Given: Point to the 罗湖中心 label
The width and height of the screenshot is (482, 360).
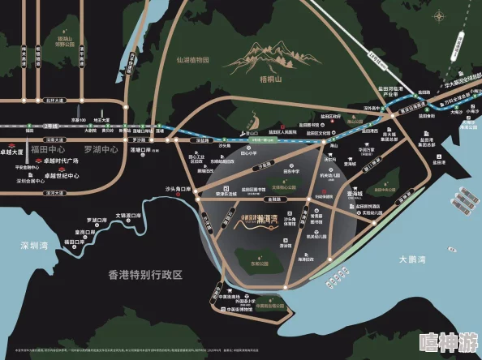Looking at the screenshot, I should tap(102, 149).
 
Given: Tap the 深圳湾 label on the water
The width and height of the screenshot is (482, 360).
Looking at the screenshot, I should tap(36, 246).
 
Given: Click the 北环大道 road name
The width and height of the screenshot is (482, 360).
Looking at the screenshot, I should tap(55, 101).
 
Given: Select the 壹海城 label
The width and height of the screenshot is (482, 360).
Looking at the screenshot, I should tap(355, 195).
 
